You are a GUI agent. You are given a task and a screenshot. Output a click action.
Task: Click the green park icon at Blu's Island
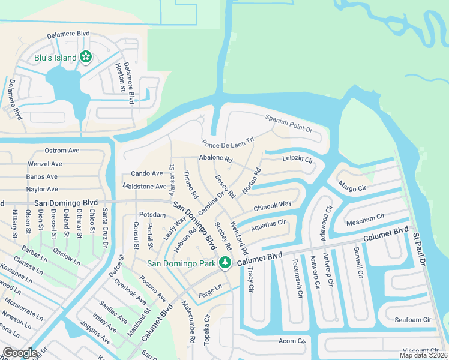86,57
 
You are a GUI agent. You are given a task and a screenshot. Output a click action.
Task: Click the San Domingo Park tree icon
225,262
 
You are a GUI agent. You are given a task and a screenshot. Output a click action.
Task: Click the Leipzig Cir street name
298,160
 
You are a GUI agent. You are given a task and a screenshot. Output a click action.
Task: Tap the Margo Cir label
352,184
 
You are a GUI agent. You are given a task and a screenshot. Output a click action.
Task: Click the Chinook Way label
272,206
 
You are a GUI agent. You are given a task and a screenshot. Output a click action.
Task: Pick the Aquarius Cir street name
268,226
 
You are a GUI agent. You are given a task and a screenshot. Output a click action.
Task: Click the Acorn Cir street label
292,341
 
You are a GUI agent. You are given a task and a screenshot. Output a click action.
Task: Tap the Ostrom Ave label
62,150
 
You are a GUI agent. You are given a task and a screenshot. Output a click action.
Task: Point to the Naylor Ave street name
42,189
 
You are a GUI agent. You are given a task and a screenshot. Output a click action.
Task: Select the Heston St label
119,76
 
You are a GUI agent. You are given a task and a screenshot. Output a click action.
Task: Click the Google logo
20,352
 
